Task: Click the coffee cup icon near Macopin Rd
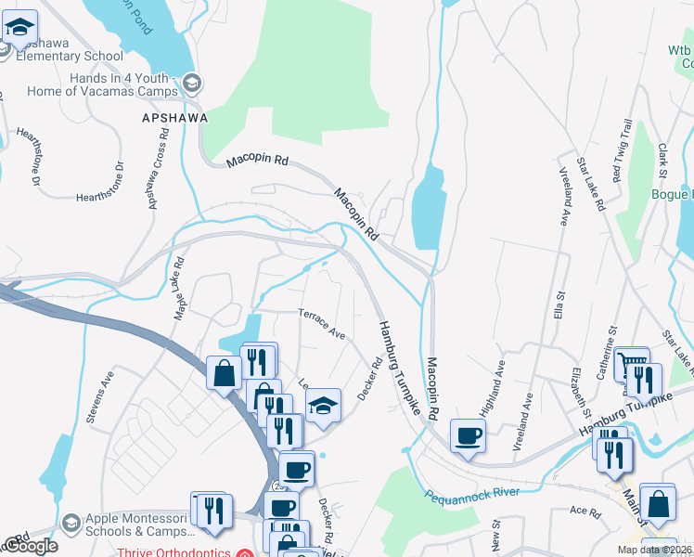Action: coord(468,434)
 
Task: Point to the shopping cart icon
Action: coord(632,362)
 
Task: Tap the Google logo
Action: coord(30,546)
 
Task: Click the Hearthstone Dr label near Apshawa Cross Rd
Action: coord(100,196)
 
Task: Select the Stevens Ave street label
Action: coord(99,398)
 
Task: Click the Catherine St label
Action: coord(612,346)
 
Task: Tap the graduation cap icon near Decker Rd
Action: coord(323,405)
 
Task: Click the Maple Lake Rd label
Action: coord(180,289)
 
